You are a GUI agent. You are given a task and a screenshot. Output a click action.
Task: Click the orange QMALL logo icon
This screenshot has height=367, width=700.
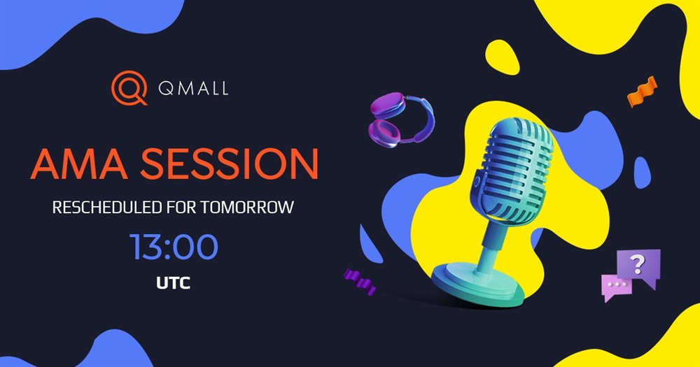(129, 87)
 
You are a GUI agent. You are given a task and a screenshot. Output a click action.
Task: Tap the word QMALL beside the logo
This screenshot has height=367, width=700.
(193, 88)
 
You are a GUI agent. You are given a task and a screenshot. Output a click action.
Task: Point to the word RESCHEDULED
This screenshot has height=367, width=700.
(106, 208)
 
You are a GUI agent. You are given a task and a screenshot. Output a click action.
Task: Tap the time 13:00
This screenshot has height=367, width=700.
(174, 247)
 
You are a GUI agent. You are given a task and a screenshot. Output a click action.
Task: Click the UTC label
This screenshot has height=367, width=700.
(173, 282)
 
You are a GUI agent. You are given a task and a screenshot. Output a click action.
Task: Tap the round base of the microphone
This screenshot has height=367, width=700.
(477, 285)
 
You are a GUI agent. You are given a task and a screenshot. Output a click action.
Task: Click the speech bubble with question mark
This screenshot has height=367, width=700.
(639, 266)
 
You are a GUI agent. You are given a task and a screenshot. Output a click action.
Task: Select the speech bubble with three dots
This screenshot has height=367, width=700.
(617, 287)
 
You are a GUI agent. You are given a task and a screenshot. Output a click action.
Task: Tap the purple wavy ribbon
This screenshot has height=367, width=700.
(360, 281)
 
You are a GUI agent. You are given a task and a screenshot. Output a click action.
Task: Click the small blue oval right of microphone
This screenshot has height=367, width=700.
(643, 172)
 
